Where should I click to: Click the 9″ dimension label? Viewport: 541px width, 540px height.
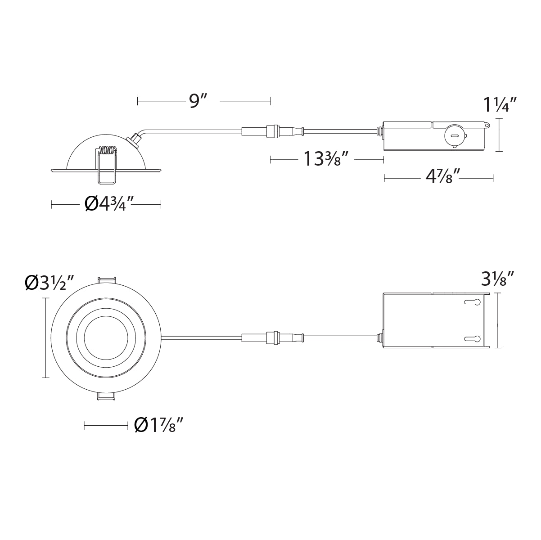pyautogui.click(x=198, y=101)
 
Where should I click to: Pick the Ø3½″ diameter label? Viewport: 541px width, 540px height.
pyautogui.click(x=49, y=283)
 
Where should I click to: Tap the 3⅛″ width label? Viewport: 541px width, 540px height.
pyautogui.click(x=498, y=279)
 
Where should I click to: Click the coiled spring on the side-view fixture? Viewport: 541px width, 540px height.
pyautogui.click(x=107, y=150)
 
